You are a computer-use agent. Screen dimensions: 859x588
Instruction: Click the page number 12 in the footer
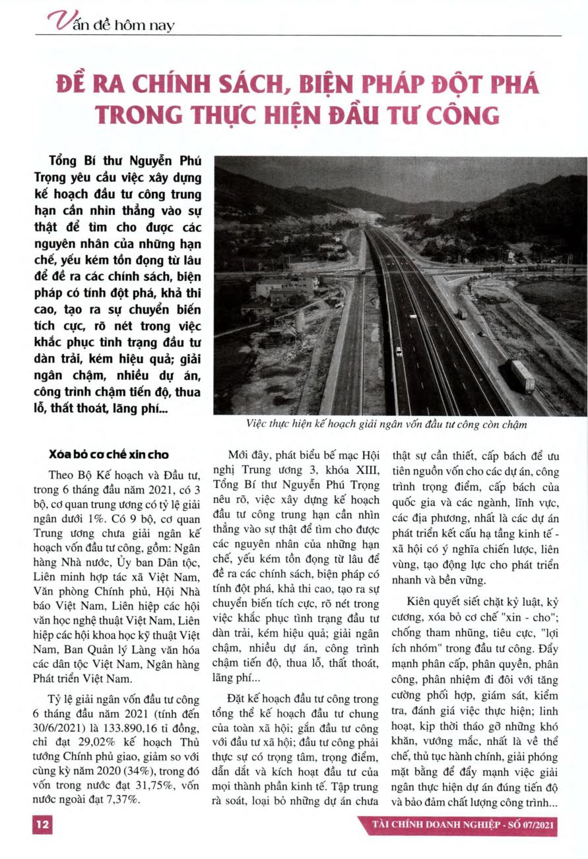(x=42, y=825)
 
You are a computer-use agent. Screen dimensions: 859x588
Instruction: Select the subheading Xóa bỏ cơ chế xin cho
(x=109, y=455)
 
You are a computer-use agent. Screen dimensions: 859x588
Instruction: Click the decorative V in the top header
(x=58, y=23)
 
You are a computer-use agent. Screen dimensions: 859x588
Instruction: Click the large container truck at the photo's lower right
(x=523, y=376)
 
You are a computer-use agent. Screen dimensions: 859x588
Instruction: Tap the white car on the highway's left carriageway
(x=398, y=351)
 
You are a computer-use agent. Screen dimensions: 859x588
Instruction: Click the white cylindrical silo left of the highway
(x=300, y=321)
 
